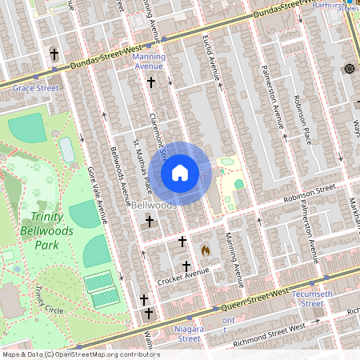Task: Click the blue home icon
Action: coord(180,173)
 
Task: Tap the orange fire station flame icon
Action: coord(206,250)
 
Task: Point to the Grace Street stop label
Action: coord(35,88)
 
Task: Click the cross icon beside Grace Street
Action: coord(54,54)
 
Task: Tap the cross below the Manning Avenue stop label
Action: coord(151,82)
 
